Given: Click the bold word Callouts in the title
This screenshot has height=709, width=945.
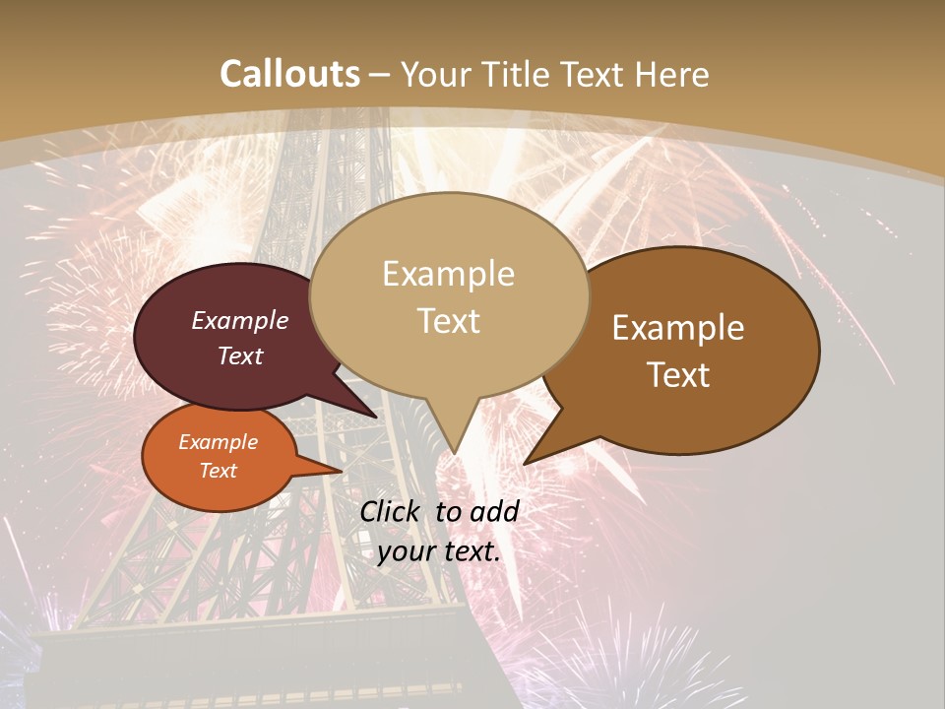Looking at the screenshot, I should tap(290, 74).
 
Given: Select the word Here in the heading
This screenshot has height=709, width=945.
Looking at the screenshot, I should tap(674, 74).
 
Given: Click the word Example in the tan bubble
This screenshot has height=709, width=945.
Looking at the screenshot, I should tap(448, 274).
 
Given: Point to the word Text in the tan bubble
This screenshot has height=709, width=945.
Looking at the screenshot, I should tap(448, 321).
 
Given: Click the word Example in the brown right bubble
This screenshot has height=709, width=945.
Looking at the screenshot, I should tap(678, 328).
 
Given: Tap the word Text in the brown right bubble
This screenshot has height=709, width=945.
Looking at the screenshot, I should tap(678, 375).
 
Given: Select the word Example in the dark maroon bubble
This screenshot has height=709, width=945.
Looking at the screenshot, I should tap(240, 321).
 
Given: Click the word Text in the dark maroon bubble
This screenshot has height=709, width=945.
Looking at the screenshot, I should tap(240, 356).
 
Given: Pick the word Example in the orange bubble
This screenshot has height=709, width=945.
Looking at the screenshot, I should tap(219, 442).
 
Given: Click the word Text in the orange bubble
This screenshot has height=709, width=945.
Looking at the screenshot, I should tap(219, 471).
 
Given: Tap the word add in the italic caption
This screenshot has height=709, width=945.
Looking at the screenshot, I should tap(494, 511).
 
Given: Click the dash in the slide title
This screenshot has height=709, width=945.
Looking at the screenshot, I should tap(380, 75).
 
